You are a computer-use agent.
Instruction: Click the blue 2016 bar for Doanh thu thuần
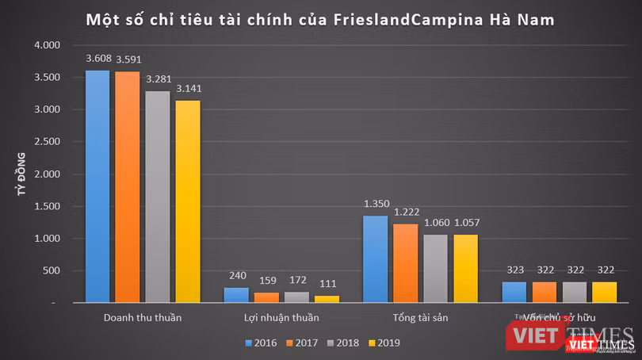click(97, 186)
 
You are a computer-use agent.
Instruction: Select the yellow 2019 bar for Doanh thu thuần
click(188, 201)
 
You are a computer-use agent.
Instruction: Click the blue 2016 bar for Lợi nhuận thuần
click(236, 294)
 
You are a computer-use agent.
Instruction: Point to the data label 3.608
click(98, 59)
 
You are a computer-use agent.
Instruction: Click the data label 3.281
click(158, 79)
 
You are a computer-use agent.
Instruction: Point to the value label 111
click(327, 284)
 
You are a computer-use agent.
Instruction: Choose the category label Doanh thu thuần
click(143, 319)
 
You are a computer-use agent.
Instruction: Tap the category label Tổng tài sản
click(420, 319)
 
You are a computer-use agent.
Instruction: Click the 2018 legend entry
click(346, 343)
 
